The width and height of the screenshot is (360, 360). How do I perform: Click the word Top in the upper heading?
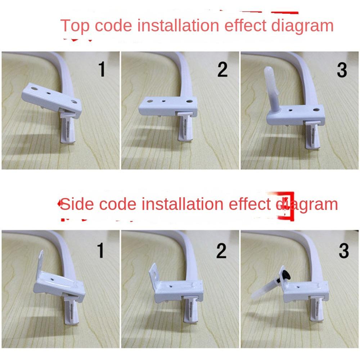pyautogui.click(x=75, y=26)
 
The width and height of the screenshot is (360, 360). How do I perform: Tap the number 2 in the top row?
pyautogui.click(x=222, y=69)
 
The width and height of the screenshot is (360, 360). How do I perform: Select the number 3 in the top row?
pyautogui.click(x=342, y=70)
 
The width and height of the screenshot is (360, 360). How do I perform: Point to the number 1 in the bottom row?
pyautogui.click(x=100, y=250)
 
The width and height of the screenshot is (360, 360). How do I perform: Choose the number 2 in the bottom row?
pyautogui.click(x=221, y=251)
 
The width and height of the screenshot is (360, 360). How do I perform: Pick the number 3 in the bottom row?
pyautogui.click(x=344, y=251)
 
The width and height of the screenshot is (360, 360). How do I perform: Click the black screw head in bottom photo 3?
pyautogui.click(x=286, y=275)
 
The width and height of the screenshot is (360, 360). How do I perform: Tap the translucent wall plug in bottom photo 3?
pyautogui.click(x=264, y=290)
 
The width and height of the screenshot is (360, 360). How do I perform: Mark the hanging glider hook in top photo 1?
pyautogui.click(x=68, y=127)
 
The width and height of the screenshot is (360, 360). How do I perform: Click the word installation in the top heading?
pyautogui.click(x=178, y=25)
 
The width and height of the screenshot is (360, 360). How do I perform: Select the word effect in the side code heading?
pyautogui.click(x=250, y=204)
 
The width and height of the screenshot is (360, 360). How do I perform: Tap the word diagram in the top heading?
pyautogui.click(x=302, y=26)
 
